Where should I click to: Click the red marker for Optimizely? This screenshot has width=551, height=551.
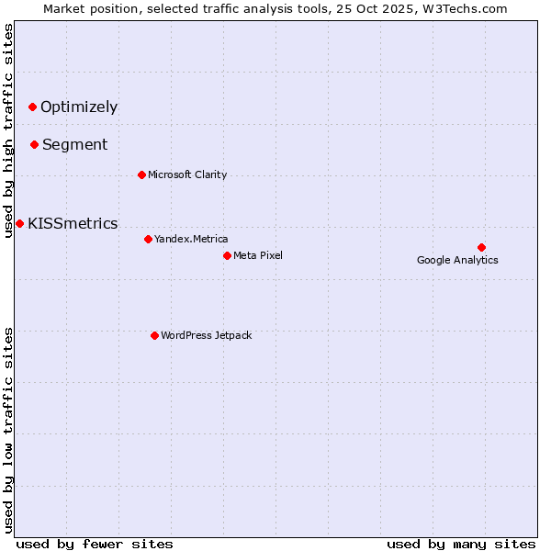pyautogui.click(x=32, y=107)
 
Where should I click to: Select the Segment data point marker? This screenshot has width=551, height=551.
pyautogui.click(x=34, y=144)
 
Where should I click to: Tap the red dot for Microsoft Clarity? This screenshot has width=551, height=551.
pyautogui.click(x=141, y=174)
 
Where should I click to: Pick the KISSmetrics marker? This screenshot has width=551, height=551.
pyautogui.click(x=19, y=223)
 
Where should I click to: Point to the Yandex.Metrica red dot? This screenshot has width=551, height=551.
pyautogui.click(x=148, y=239)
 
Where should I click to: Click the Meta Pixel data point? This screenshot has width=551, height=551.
pyautogui.click(x=227, y=255)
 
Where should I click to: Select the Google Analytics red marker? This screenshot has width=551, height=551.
pyautogui.click(x=481, y=247)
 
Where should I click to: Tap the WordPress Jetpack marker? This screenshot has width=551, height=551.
pyautogui.click(x=154, y=335)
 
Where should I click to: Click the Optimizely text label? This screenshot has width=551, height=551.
pyautogui.click(x=79, y=107)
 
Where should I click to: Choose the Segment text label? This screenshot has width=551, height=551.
pyautogui.click(x=74, y=144)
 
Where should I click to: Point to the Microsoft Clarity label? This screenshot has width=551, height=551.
pyautogui.click(x=187, y=174)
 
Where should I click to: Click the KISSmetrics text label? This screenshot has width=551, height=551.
pyautogui.click(x=73, y=223)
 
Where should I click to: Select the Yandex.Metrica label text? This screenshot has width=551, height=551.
pyautogui.click(x=191, y=239)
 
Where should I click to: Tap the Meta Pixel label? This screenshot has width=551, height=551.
pyautogui.click(x=258, y=255)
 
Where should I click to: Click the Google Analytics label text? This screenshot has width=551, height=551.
pyautogui.click(x=457, y=260)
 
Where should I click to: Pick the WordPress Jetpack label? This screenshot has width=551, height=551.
pyautogui.click(x=206, y=335)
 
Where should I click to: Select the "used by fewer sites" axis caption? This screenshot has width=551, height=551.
pyautogui.click(x=95, y=544)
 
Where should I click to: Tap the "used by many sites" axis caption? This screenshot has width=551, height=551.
pyautogui.click(x=461, y=544)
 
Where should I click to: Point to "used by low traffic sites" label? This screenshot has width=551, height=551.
pyautogui.click(x=9, y=430)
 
